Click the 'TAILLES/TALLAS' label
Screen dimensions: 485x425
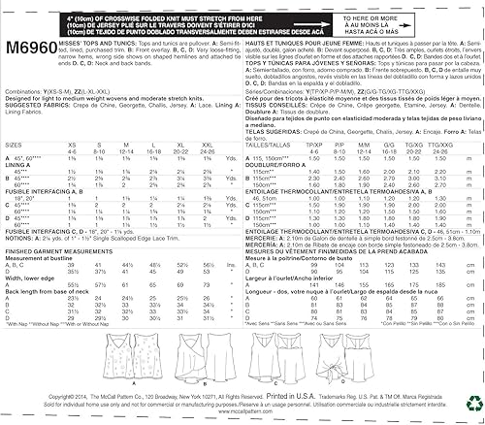270,146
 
